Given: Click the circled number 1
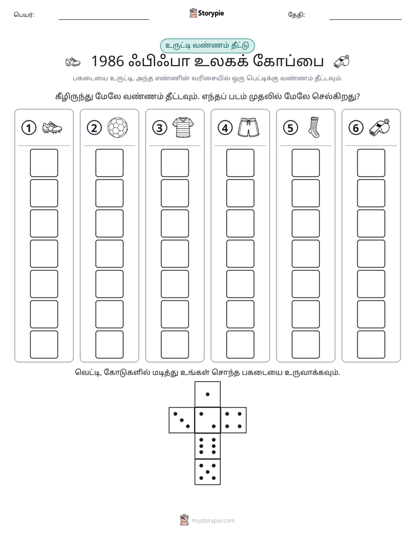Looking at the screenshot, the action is pos(28,128).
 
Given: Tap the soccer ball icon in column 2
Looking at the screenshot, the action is pos(117,128).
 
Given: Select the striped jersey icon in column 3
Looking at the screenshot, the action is pos(183,128).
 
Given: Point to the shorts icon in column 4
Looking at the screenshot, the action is pos(248,128).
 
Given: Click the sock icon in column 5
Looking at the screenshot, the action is pos(313,127).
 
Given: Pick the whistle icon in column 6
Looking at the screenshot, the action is pos(380,128).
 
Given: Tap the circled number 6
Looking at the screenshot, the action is pos(356,128).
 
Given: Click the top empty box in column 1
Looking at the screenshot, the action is pos(44,163).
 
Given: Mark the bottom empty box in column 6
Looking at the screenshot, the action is pos(371,345).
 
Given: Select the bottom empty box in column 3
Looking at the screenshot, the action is pos(174,345).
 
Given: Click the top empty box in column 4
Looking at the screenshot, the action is pos(241,163).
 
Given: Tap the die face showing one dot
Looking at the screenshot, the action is pos(208,394).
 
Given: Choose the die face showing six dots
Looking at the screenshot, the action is pos(208,446).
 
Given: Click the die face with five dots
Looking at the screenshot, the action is pos(208,472).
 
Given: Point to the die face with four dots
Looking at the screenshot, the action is pos(234,420).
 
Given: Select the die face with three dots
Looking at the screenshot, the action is pos(182,420).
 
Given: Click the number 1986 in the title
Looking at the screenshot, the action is pos(108,61).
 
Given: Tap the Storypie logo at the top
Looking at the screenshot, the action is pos(206,13).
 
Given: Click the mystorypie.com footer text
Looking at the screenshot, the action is pos(213,521).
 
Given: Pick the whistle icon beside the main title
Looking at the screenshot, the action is pos(342,61).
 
